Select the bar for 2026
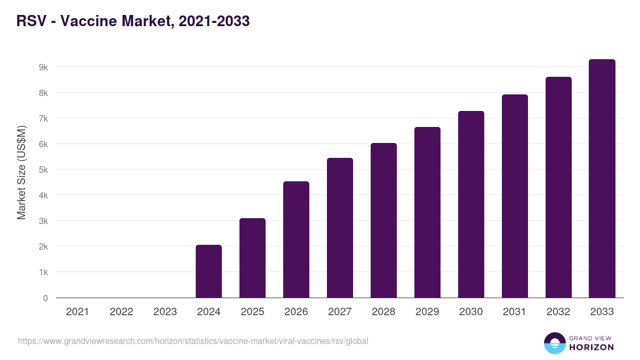click(296, 239)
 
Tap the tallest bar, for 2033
click(602, 178)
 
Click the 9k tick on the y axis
click(43, 67)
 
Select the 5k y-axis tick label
click(43, 170)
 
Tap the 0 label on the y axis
click(45, 298)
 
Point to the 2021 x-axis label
click(77, 312)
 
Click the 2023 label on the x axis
click(165, 312)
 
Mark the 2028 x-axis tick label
click(383, 312)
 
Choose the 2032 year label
click(558, 312)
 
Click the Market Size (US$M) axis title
click(21, 172)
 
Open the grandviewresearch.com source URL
click(193, 341)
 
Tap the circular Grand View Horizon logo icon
click(554, 343)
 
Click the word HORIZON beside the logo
click(591, 347)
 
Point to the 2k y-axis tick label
click(43, 246)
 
